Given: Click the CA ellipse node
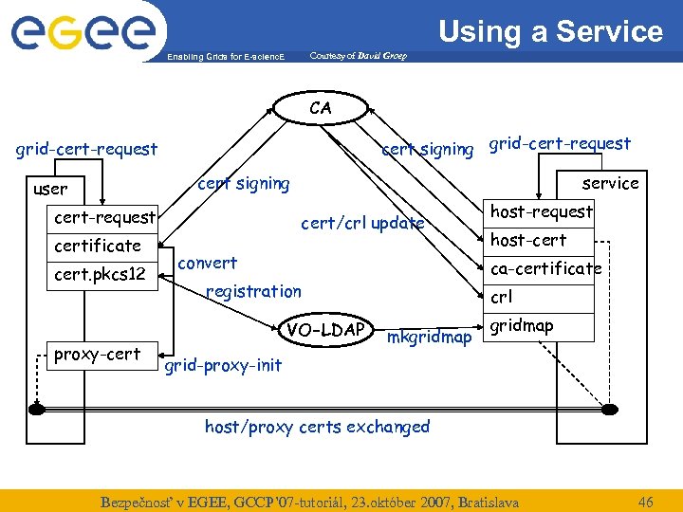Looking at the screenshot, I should [x=321, y=108].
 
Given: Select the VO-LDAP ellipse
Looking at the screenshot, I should [x=327, y=329].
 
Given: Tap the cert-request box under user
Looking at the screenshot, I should [x=104, y=217].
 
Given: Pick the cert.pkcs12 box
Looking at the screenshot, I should [x=100, y=275].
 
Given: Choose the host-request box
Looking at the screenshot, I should [x=541, y=211].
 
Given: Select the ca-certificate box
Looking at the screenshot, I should [x=545, y=268].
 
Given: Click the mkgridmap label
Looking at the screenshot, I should [x=430, y=338].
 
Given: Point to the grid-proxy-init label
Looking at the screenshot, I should [x=223, y=365].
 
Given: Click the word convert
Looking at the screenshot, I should [x=208, y=263].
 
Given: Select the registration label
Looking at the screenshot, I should [x=253, y=291].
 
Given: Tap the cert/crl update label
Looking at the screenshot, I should [x=362, y=224].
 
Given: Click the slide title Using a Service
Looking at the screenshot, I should [x=550, y=31].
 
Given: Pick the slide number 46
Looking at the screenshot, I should [x=646, y=501].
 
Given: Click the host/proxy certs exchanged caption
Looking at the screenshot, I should [x=317, y=427].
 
